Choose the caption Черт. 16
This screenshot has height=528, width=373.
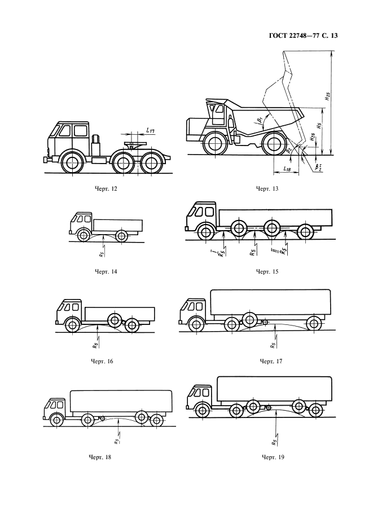[x=103, y=361]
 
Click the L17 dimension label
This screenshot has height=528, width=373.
[x=150, y=130]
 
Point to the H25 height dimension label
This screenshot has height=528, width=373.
[x=327, y=97]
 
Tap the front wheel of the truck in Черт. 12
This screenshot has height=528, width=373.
[x=72, y=164]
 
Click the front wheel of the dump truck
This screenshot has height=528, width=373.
[x=215, y=144]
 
